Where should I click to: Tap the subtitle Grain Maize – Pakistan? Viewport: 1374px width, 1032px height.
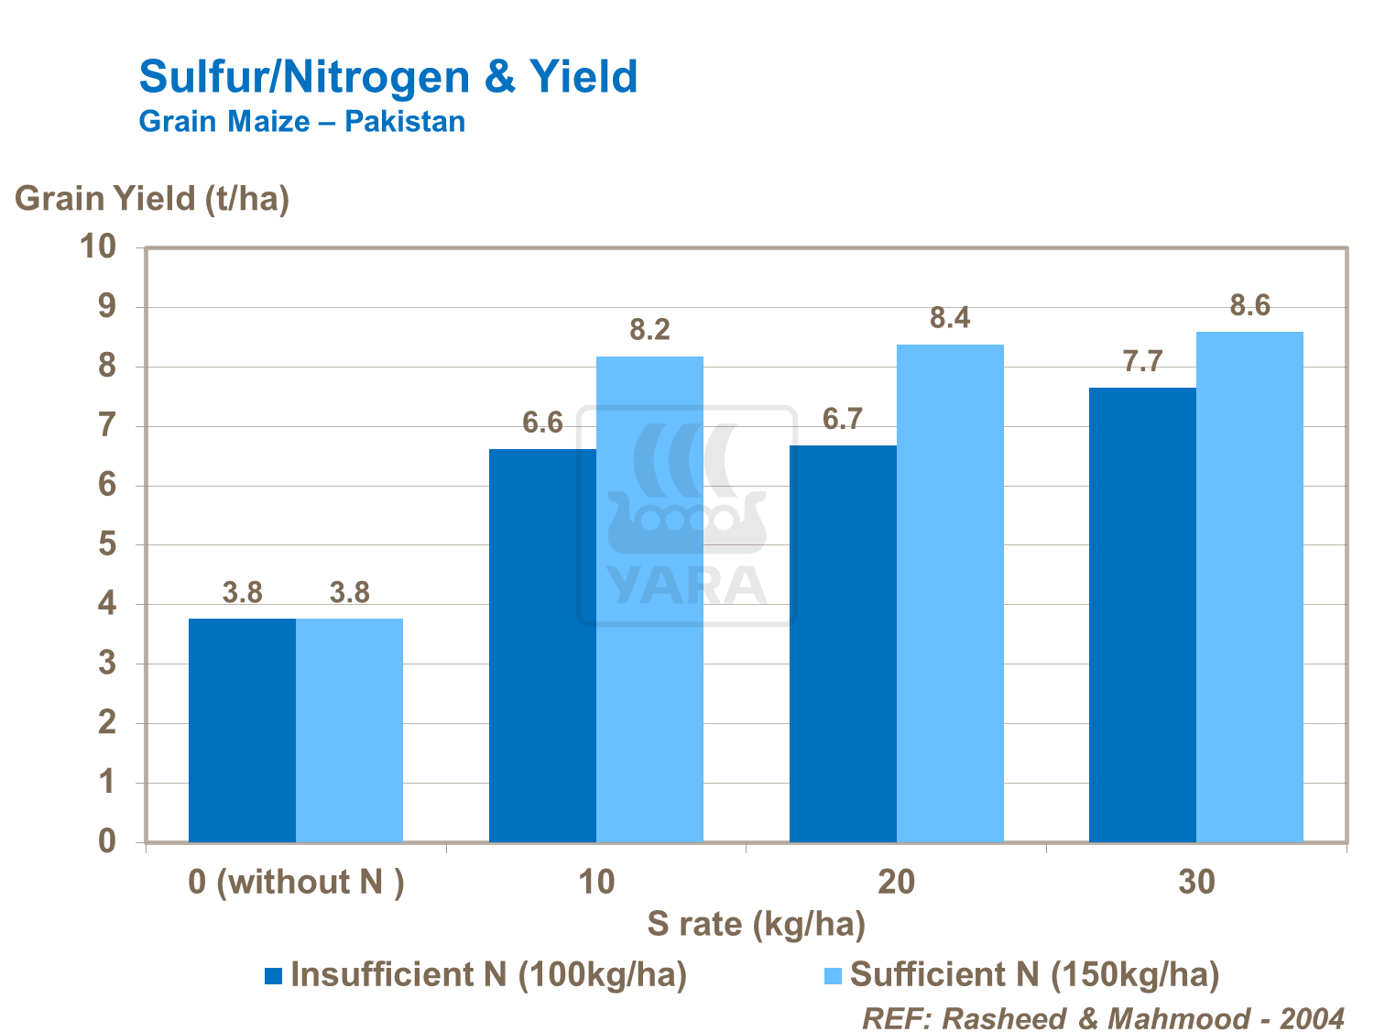(x=301, y=122)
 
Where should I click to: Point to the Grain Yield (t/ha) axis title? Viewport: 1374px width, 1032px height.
(x=152, y=199)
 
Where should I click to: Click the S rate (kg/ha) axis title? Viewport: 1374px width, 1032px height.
(x=756, y=924)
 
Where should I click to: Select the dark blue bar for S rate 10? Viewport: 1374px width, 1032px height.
(x=542, y=645)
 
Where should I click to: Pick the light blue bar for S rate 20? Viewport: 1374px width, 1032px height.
(x=950, y=593)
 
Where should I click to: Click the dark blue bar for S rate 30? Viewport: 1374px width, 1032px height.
(x=1142, y=614)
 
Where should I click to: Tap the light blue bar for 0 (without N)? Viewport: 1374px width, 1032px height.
(x=349, y=730)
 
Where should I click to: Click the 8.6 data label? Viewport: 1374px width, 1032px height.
(x=1249, y=306)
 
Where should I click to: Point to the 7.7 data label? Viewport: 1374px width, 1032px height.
(x=1142, y=362)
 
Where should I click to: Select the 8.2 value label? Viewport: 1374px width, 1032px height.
(x=649, y=330)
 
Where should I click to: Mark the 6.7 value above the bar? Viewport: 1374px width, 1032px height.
(x=842, y=420)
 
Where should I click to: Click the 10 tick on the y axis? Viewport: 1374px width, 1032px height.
(x=98, y=247)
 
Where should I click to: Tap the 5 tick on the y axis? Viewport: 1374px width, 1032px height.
(x=108, y=544)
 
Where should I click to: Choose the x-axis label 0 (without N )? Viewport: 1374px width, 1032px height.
(x=296, y=882)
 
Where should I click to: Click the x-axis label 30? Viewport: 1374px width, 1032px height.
(x=1196, y=882)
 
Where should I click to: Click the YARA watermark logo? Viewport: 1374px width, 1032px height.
(x=686, y=516)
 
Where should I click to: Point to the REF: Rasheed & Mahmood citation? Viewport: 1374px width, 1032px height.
(x=1103, y=1018)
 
